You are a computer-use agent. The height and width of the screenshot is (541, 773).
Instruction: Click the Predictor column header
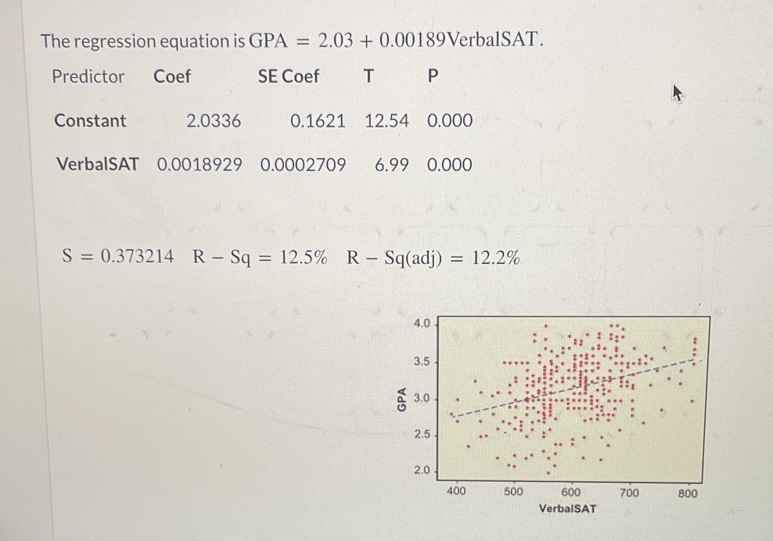88,76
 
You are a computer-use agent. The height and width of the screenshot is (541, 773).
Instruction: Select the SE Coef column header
289,76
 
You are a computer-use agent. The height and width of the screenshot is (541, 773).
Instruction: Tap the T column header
369,76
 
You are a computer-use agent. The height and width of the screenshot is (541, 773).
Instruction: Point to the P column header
433,76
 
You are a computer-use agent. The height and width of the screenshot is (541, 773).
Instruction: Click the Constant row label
90,120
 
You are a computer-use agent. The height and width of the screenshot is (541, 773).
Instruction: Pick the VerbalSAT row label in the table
98,164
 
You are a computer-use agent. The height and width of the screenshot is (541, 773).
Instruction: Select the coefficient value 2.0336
213,121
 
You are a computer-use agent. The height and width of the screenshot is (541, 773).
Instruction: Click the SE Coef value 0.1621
317,121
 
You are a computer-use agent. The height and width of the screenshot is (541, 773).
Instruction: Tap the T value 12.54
386,121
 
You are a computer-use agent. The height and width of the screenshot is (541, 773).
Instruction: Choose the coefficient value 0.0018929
200,164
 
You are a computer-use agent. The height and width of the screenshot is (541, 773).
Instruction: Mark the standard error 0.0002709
303,164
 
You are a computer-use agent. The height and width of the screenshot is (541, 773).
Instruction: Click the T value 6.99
391,165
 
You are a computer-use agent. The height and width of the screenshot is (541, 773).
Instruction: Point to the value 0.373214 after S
137,256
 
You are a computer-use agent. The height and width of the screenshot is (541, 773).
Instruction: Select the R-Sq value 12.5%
303,257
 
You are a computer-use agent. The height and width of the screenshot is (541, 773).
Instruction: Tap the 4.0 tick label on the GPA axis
422,323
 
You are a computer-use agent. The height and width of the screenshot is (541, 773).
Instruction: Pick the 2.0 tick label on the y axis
422,470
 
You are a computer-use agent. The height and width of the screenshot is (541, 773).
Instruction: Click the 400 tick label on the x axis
456,491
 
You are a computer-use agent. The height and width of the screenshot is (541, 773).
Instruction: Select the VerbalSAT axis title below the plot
567,509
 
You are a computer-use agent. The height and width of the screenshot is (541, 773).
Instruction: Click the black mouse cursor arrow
677,93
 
